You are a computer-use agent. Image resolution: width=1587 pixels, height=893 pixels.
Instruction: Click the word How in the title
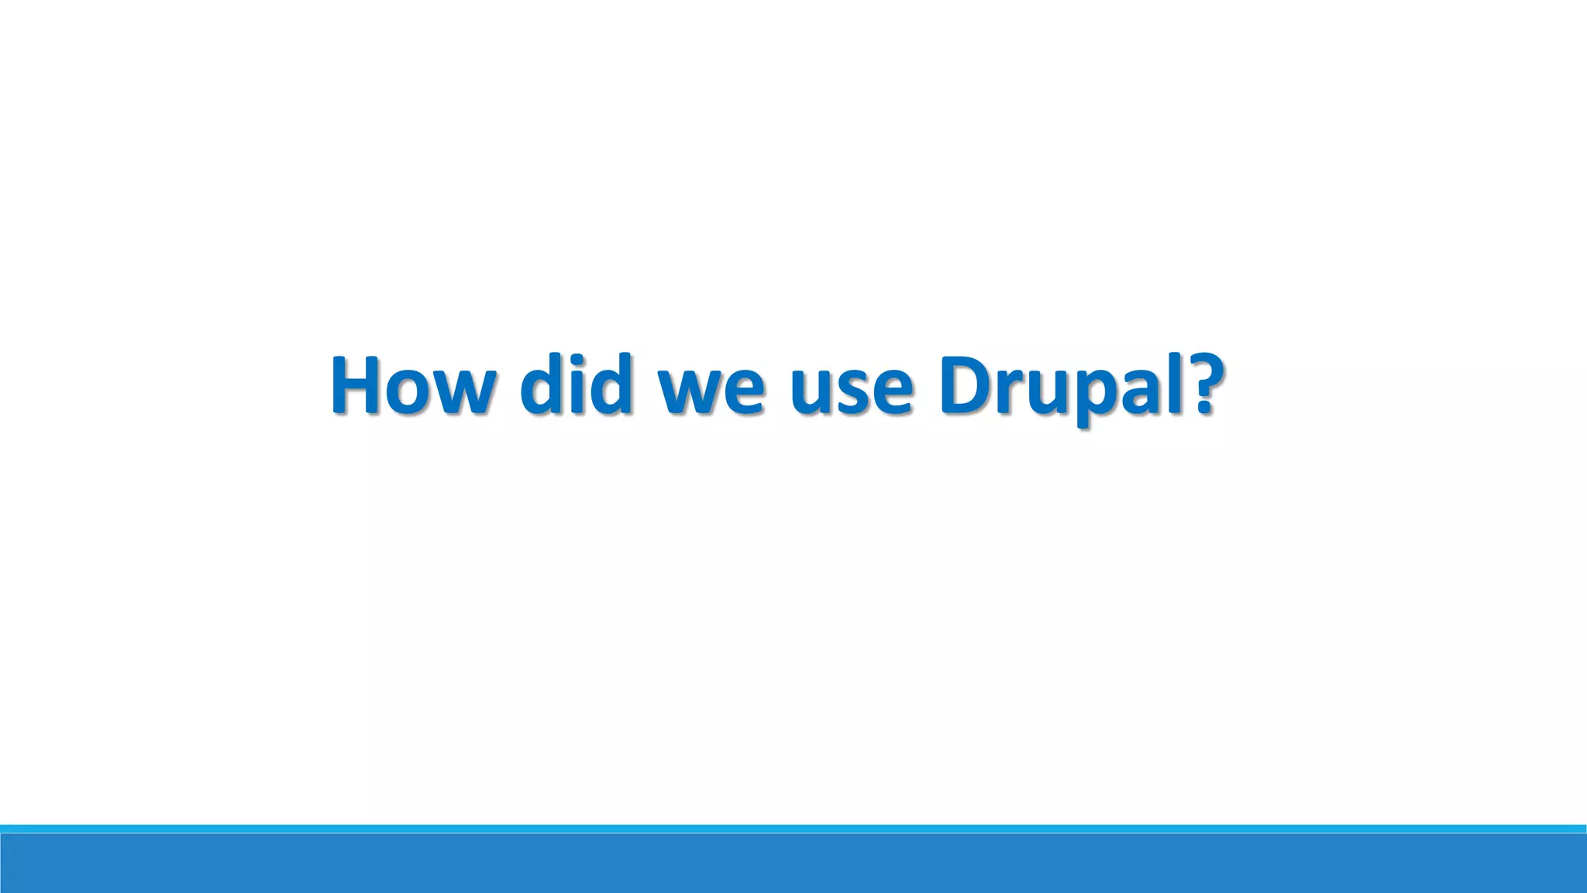coord(411,384)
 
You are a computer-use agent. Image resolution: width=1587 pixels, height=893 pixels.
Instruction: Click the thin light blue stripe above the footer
coord(793,829)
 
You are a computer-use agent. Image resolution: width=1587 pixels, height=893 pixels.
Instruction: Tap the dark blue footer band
coord(793,864)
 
